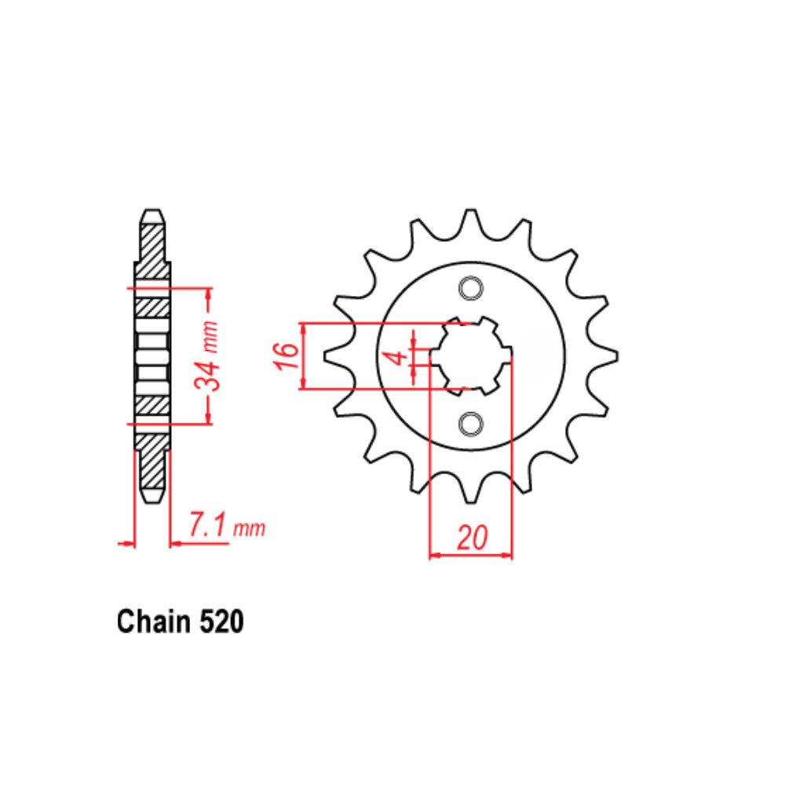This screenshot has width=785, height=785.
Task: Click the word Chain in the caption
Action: click(x=151, y=622)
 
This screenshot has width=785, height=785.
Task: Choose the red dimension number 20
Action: click(x=471, y=539)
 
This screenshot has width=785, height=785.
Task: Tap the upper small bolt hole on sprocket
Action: click(x=471, y=289)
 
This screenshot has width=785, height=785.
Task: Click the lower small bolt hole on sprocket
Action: click(x=471, y=424)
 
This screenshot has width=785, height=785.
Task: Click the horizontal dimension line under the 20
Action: click(x=471, y=557)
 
